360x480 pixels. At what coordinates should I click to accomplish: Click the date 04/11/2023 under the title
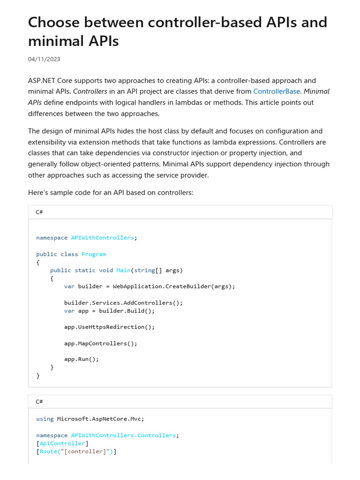click(44, 59)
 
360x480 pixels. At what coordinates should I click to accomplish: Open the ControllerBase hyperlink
click(276, 91)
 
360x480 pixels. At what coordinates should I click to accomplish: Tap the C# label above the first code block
click(39, 212)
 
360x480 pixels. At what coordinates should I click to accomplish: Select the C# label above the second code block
click(39, 402)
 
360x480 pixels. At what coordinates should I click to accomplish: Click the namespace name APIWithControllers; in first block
click(103, 238)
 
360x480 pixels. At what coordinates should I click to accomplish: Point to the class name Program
click(94, 254)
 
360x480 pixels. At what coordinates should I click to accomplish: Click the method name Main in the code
click(123, 270)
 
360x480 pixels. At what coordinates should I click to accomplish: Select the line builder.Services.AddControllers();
click(123, 302)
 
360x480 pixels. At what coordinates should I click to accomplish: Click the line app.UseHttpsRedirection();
click(109, 327)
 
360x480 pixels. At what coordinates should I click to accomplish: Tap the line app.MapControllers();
click(101, 343)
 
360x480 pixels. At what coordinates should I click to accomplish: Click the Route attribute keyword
click(47, 451)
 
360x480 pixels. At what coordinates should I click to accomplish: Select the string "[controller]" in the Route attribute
click(83, 451)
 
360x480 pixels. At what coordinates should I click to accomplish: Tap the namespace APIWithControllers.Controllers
click(123, 435)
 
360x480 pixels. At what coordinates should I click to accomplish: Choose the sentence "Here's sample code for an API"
click(110, 193)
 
